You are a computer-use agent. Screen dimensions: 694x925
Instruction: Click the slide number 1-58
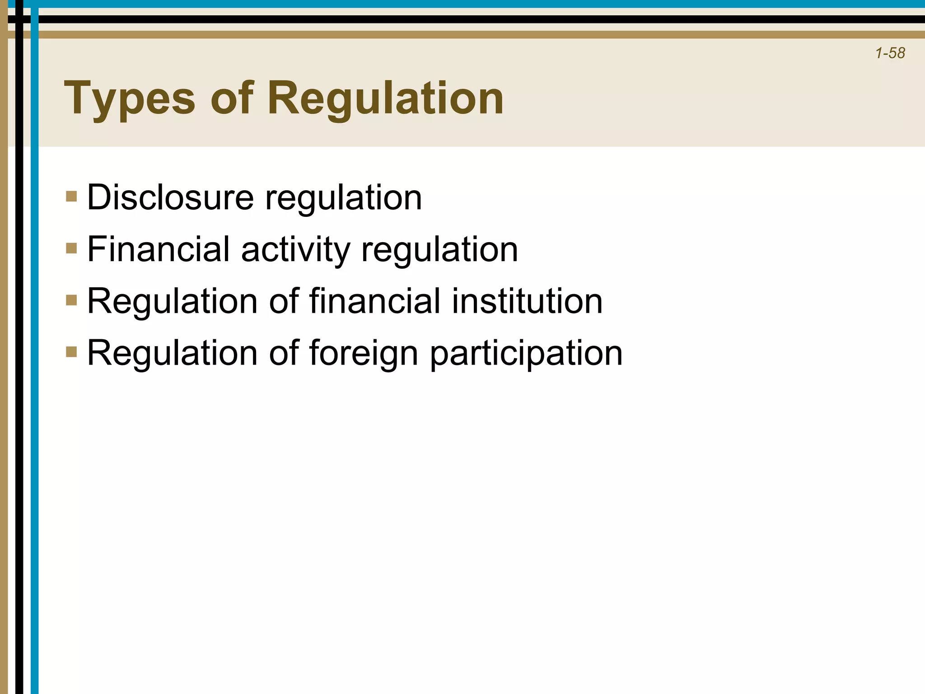(x=890, y=53)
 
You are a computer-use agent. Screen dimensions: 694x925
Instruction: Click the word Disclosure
(x=170, y=197)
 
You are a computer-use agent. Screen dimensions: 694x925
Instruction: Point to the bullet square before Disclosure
(x=71, y=197)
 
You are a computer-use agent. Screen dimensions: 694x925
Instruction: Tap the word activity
(x=295, y=250)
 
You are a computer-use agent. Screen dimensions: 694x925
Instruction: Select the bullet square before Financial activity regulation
(x=71, y=248)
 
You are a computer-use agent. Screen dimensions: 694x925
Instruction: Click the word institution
(x=527, y=301)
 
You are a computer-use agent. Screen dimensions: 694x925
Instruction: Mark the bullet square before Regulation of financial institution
(x=71, y=300)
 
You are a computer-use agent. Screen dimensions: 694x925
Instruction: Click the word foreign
(x=364, y=353)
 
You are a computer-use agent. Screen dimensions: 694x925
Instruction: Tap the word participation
(x=526, y=353)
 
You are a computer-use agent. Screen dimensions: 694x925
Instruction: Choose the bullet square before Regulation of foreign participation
(x=71, y=352)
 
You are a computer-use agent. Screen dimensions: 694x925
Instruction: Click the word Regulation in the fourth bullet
(x=172, y=352)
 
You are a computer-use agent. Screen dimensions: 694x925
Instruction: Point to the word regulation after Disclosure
(x=343, y=198)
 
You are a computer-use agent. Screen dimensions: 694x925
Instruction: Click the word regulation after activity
(x=439, y=250)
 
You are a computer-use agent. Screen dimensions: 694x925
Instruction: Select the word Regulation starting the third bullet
(x=172, y=301)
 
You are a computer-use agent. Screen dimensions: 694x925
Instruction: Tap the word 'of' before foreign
(x=284, y=352)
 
